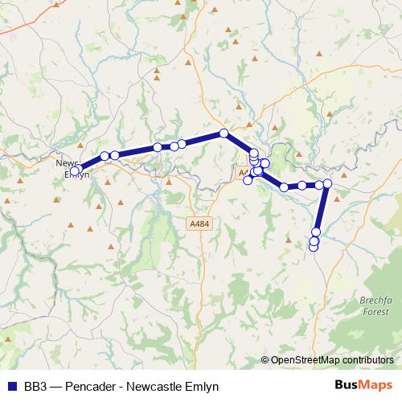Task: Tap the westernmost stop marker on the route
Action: [75, 170]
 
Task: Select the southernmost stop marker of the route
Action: [314, 246]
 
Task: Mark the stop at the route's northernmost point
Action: [224, 133]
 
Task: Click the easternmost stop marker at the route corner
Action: [327, 183]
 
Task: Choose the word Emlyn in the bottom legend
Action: [202, 386]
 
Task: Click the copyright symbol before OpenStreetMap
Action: [265, 360]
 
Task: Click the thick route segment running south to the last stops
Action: [321, 209]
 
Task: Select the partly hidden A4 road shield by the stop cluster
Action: [243, 173]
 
